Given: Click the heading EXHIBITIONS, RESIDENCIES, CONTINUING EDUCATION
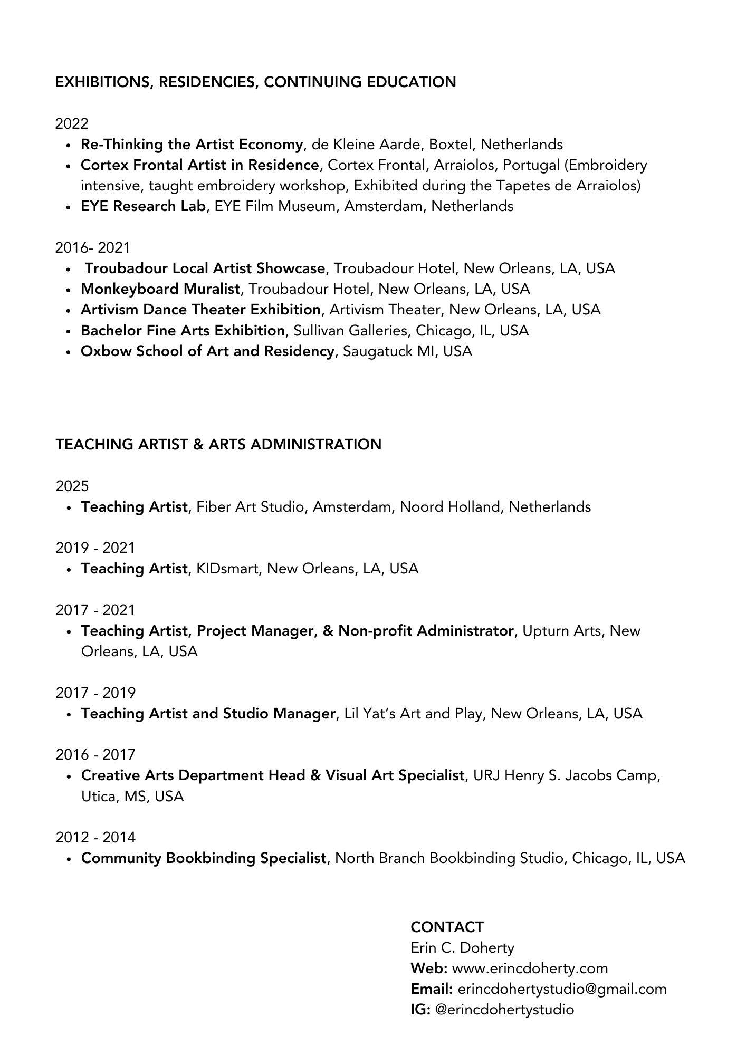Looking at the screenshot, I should [255, 82].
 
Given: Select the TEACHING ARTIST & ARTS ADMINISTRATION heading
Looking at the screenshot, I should [218, 444].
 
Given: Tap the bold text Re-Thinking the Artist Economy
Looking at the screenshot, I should [192, 145].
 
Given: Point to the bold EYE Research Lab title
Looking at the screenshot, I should [142, 206].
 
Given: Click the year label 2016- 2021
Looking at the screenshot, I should [93, 247].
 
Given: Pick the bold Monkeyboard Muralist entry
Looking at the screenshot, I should [160, 289].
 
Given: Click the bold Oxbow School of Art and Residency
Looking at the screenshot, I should [207, 351].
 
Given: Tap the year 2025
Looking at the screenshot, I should [72, 486].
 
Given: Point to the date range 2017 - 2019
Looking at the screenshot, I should [95, 693].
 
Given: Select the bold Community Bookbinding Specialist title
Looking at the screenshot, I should [204, 858].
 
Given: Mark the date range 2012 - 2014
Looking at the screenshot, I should [95, 837].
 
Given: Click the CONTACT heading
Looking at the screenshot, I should [447, 927].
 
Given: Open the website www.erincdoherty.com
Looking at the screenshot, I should [530, 968].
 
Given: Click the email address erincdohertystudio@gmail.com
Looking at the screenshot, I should [562, 989].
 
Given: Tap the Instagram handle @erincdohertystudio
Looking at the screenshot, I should [505, 1010].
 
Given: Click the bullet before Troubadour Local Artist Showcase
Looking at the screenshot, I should [69, 269].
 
